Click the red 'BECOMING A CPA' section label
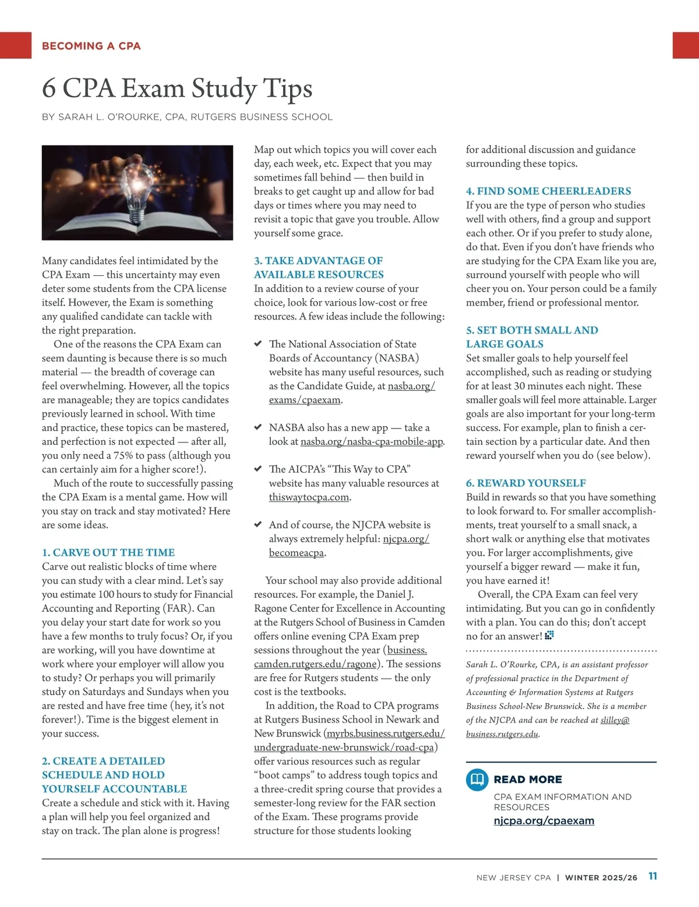(x=91, y=46)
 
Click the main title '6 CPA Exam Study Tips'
(x=177, y=88)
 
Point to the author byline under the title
(x=187, y=117)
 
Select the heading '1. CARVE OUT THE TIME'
(x=108, y=552)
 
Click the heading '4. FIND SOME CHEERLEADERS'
(x=548, y=191)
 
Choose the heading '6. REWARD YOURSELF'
(x=525, y=483)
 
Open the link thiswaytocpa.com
(x=309, y=497)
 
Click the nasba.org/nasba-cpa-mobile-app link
(x=372, y=442)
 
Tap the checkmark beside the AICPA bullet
(x=258, y=469)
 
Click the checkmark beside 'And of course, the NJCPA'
(x=258, y=525)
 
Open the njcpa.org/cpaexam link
(x=543, y=821)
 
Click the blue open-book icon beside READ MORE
(x=477, y=780)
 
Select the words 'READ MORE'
(x=528, y=780)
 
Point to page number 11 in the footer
(x=652, y=877)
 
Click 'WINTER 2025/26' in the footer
(x=601, y=878)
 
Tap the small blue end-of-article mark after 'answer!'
(x=549, y=636)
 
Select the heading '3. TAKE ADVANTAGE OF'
(x=318, y=261)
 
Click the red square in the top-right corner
(x=686, y=45)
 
